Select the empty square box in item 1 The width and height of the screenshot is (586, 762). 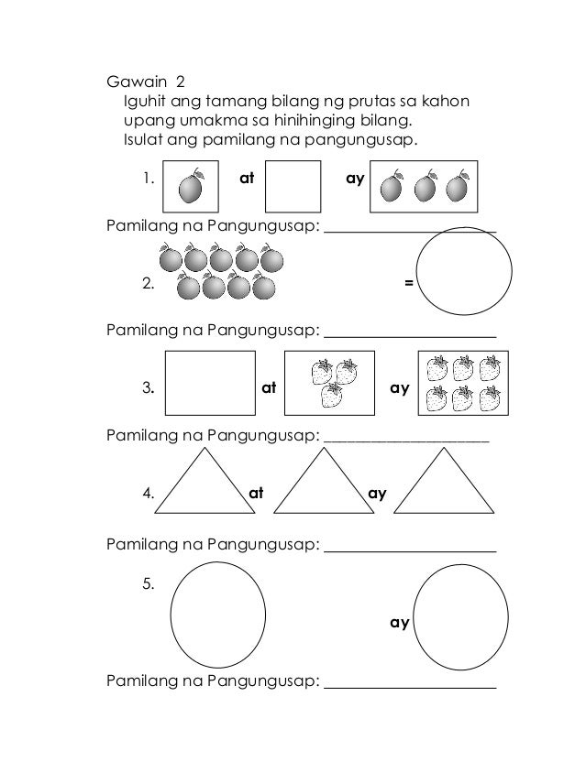coord(293,187)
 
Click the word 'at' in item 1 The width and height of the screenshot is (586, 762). coord(246,179)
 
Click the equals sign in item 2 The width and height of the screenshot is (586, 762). coord(408,283)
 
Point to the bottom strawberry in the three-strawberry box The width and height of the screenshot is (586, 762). coord(331,397)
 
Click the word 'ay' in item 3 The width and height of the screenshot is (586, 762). coord(399,387)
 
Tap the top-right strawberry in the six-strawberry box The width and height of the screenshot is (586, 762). coord(488,368)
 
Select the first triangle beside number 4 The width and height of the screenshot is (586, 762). coord(202,485)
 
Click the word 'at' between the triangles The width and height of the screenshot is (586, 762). coord(257,494)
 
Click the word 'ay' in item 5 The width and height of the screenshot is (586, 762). coord(399,623)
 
